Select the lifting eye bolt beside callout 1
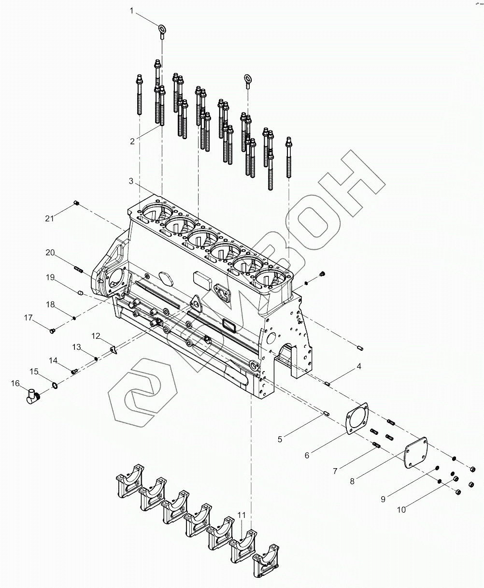click(162, 31)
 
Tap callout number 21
click(49, 218)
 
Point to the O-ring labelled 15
click(55, 385)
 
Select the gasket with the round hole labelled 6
click(356, 418)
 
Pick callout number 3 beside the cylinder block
click(131, 181)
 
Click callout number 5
click(280, 439)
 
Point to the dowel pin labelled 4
click(327, 384)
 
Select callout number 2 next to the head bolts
click(132, 141)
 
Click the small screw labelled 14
click(74, 371)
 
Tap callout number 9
click(383, 499)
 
